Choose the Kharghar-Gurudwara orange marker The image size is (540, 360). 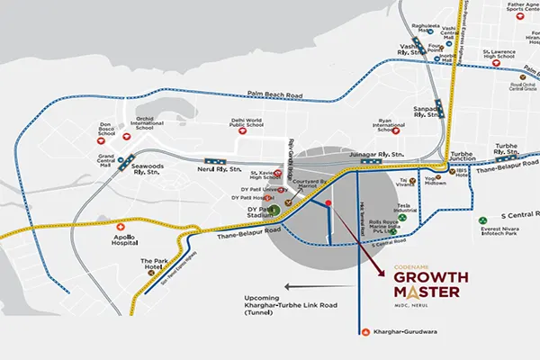[x=364, y=332]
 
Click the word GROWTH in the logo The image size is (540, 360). [x=427, y=277]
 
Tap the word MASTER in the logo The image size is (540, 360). [x=427, y=293]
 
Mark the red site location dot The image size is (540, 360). [x=328, y=204]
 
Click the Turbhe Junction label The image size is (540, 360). [x=466, y=157]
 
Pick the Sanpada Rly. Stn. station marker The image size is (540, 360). [x=438, y=105]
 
